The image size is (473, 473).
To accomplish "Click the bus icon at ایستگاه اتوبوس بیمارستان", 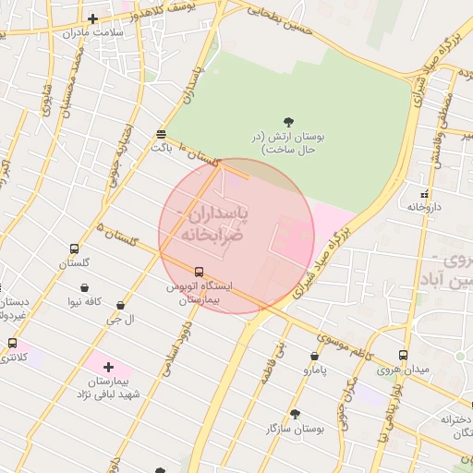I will click(x=199, y=272).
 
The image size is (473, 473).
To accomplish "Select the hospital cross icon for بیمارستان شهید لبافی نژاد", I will click(x=109, y=367).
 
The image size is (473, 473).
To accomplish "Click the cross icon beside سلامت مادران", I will click(x=92, y=18).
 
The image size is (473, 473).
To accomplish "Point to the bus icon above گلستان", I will click(x=74, y=249).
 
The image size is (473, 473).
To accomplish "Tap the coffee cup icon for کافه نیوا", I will click(x=85, y=286).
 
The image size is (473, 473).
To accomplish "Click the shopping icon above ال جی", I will click(x=120, y=305).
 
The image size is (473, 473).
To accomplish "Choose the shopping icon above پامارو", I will click(x=315, y=356).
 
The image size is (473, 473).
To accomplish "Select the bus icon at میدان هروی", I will click(x=403, y=356).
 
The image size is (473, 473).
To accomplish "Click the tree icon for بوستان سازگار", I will click(x=296, y=414).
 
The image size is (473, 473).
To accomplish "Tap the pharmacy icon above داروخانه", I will click(x=425, y=194).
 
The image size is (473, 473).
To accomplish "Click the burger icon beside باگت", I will click(x=162, y=132).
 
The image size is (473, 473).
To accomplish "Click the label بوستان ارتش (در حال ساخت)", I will click(x=289, y=141).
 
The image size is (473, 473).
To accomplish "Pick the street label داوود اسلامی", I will click(x=176, y=347).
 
